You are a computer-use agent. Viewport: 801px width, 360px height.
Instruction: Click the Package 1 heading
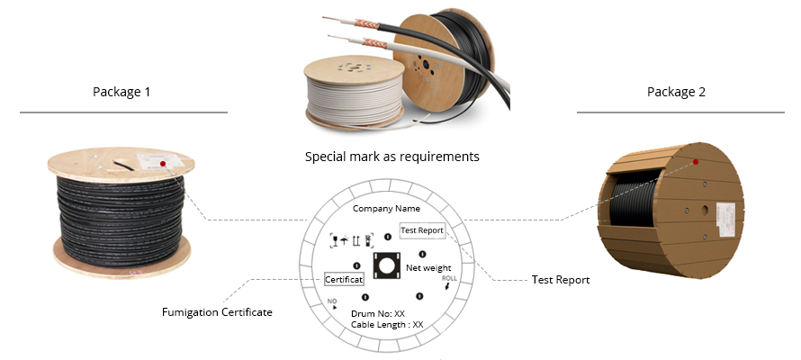[121, 92]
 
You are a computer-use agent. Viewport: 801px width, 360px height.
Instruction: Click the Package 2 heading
[676, 92]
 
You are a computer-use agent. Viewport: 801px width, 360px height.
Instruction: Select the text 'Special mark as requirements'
[391, 157]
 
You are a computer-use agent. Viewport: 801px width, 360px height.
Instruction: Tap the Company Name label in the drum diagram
[386, 208]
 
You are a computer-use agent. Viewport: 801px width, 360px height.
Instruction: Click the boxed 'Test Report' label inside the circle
[422, 230]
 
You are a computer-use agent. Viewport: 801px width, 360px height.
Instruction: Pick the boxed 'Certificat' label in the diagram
[344, 279]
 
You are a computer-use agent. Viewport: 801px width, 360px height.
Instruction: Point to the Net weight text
[428, 267]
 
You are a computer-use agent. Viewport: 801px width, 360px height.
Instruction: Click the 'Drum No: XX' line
[378, 313]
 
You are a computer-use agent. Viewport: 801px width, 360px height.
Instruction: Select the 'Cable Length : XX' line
[387, 324]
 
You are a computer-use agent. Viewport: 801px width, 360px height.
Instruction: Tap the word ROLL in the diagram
[449, 278]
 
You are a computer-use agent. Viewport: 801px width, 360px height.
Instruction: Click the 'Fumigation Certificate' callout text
[217, 312]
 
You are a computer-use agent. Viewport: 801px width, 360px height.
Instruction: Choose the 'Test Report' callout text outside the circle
[561, 280]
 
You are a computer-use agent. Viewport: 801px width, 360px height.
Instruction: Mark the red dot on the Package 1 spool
[163, 164]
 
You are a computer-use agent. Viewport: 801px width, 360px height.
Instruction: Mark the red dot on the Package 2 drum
[696, 162]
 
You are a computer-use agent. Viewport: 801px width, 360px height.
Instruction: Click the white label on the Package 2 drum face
[725, 220]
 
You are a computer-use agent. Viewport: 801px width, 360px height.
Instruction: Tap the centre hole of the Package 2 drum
[706, 210]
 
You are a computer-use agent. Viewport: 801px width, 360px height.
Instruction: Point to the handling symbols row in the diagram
[352, 239]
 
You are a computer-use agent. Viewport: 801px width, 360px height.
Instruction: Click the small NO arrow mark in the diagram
[333, 304]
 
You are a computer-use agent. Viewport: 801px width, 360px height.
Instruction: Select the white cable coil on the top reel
[354, 100]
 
